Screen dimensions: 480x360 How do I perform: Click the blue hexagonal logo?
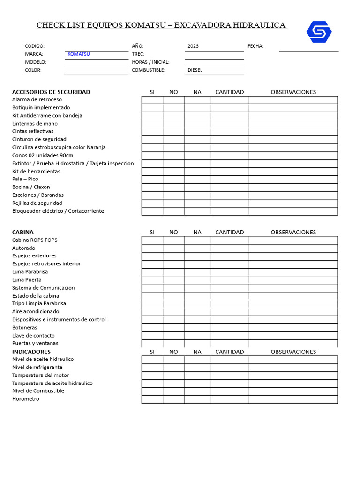pyautogui.click(x=319, y=31)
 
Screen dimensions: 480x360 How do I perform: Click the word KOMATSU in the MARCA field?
pyautogui.click(x=78, y=54)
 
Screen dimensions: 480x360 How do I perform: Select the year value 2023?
pyautogui.click(x=193, y=46)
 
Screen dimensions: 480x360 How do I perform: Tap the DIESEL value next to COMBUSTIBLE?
pyautogui.click(x=195, y=70)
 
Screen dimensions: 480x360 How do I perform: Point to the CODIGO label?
pyautogui.click(x=35, y=46)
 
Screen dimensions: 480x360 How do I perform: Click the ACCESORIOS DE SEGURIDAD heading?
pyautogui.click(x=51, y=92)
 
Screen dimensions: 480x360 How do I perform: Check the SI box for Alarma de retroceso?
pyautogui.click(x=152, y=100)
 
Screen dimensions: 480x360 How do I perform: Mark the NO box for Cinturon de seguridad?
pyautogui.click(x=173, y=140)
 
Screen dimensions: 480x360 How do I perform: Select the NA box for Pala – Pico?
pyautogui.click(x=197, y=180)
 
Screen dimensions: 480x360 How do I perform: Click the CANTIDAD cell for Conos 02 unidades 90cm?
pyautogui.click(x=229, y=156)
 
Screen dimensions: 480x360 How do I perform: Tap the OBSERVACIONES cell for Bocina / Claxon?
pyautogui.click(x=293, y=187)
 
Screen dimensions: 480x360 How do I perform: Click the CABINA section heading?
pyautogui.click(x=23, y=232)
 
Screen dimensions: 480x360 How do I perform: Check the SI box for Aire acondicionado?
pyautogui.click(x=152, y=312)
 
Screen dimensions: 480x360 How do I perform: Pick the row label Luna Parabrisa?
pyautogui.click(x=30, y=272)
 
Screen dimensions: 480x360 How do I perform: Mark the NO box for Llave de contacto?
pyautogui.click(x=173, y=336)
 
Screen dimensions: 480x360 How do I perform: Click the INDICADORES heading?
pyautogui.click(x=31, y=352)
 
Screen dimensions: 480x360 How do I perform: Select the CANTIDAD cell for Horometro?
pyautogui.click(x=229, y=399)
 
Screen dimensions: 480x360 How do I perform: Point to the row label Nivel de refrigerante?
pyautogui.click(x=37, y=367)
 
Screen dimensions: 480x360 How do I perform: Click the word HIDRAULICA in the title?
pyautogui.click(x=260, y=25)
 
